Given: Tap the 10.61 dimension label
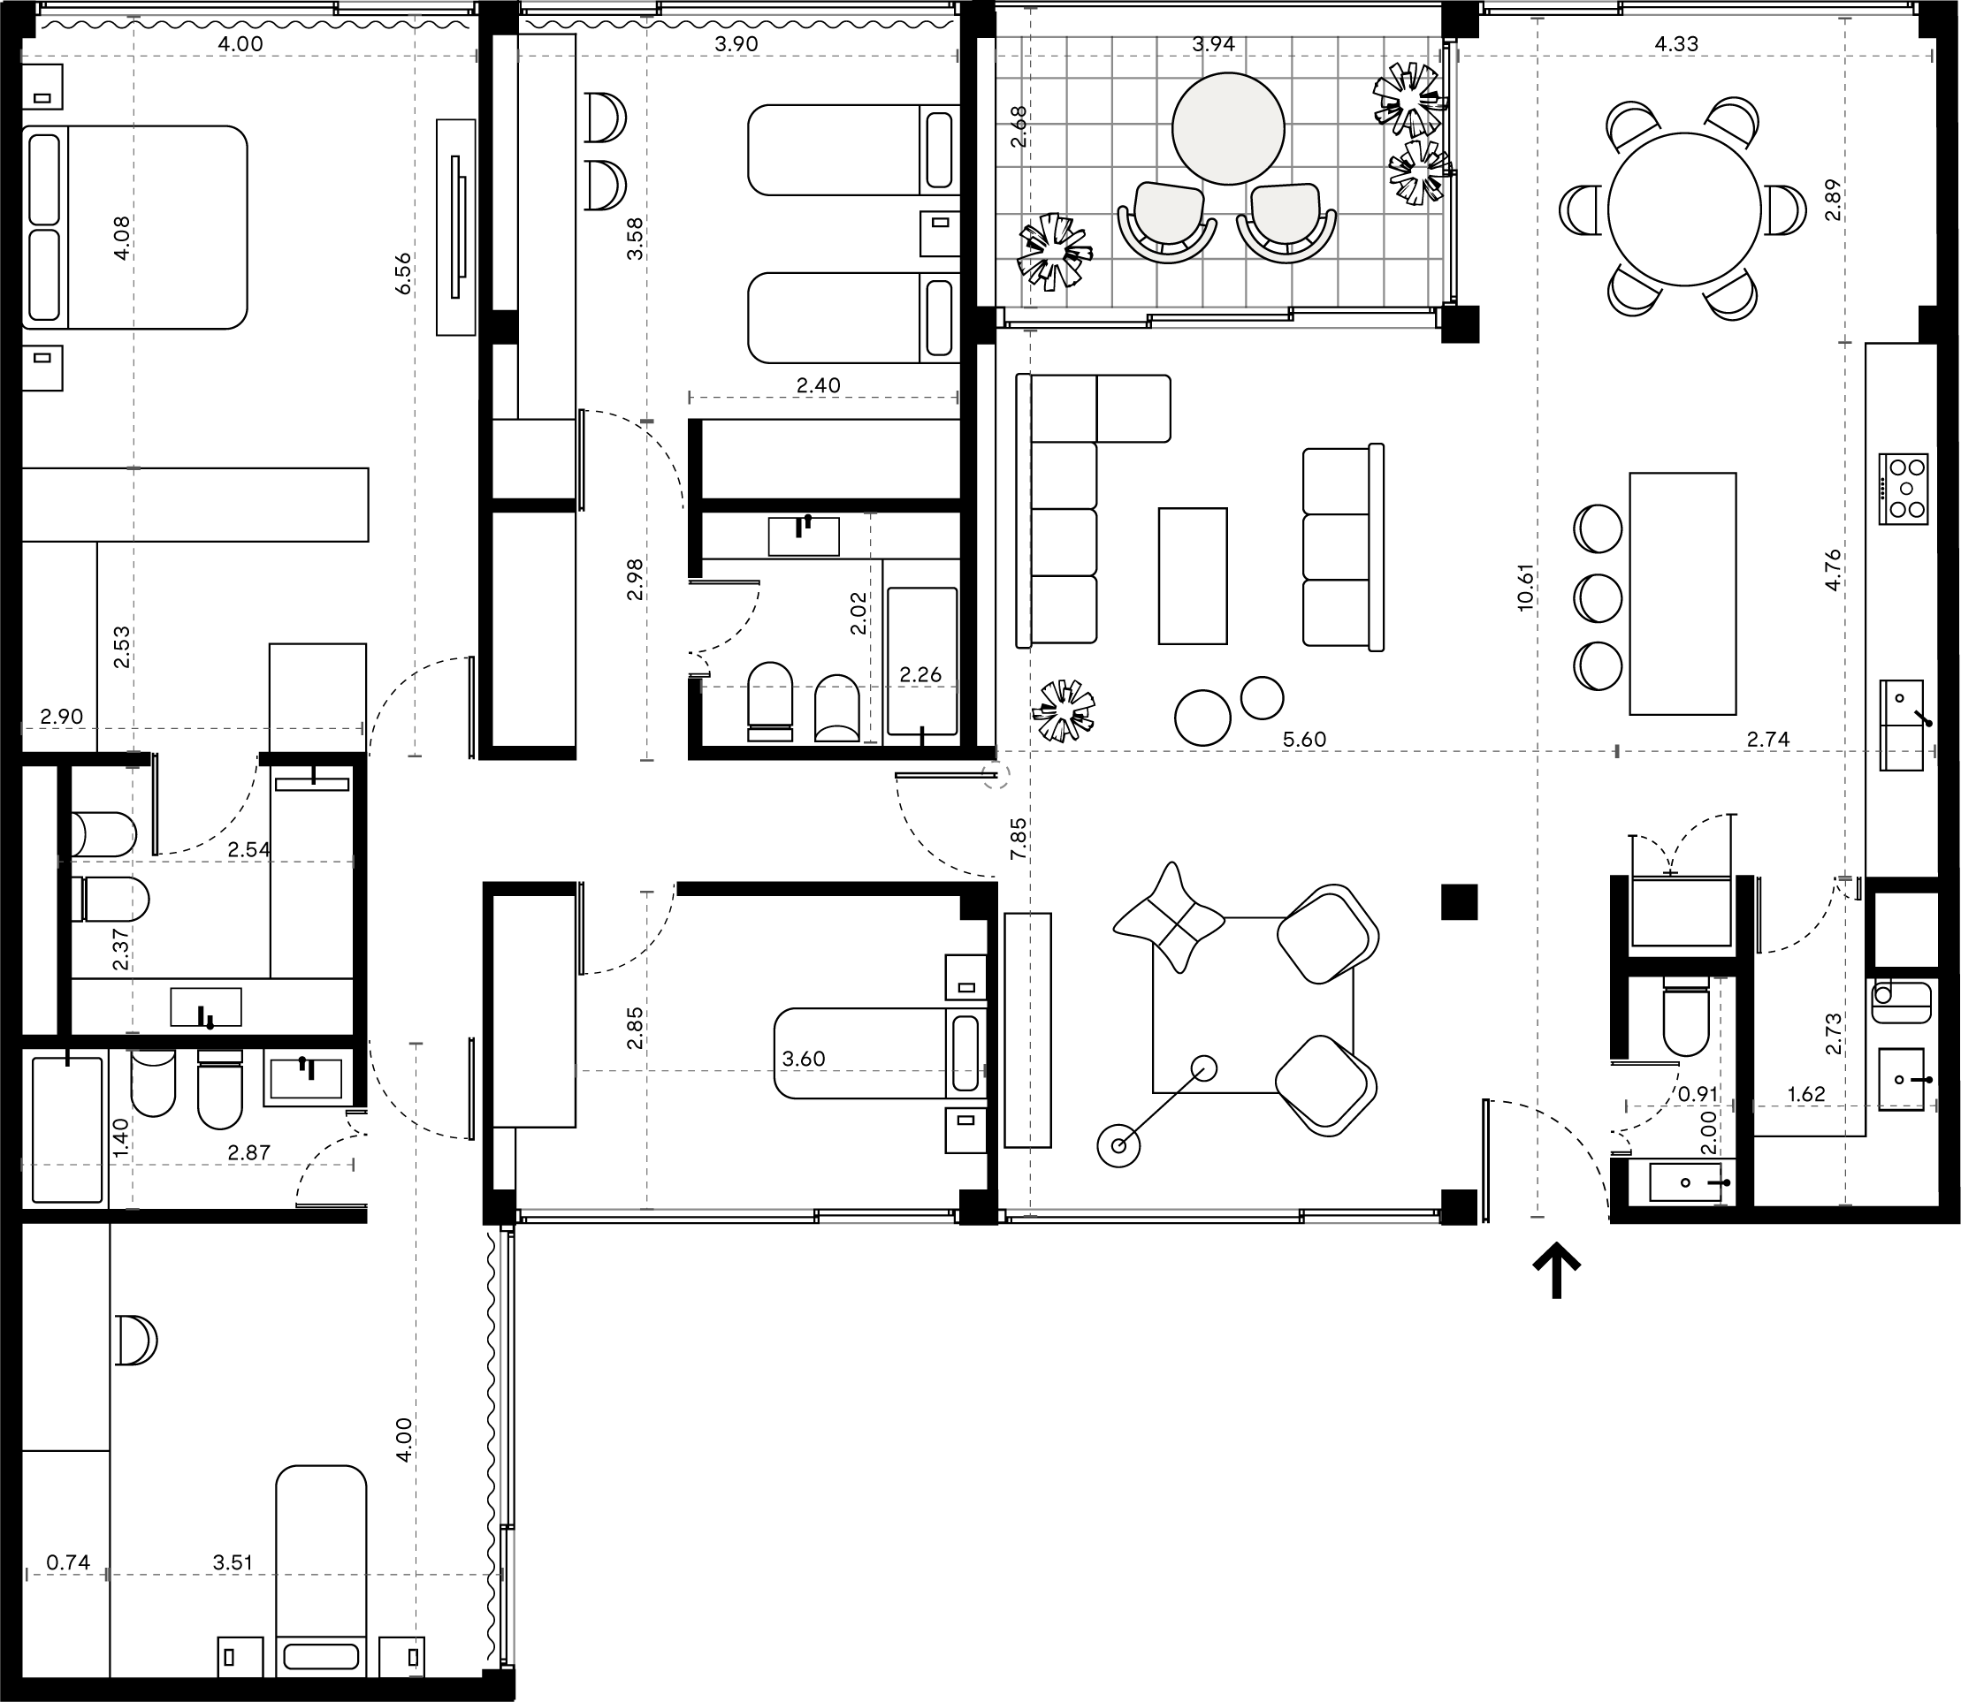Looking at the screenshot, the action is click(x=1526, y=587).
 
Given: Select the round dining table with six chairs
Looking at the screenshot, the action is click(x=1683, y=209).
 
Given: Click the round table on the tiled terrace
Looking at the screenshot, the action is click(x=1227, y=129).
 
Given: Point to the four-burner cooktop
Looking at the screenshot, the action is click(x=1902, y=488).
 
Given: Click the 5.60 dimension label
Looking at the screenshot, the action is click(x=1304, y=739).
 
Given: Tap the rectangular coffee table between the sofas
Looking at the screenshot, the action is click(x=1193, y=575).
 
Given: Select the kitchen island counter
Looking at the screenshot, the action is click(x=1682, y=594).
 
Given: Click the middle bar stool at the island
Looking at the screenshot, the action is click(x=1597, y=597).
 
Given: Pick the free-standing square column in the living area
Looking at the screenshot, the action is click(x=1460, y=901).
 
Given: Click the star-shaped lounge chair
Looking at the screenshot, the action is click(x=1170, y=917).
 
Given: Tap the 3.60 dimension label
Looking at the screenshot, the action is click(x=804, y=1058).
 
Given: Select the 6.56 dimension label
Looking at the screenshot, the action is click(x=404, y=272).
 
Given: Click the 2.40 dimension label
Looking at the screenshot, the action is click(x=818, y=384).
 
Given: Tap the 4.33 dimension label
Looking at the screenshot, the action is click(x=1676, y=43).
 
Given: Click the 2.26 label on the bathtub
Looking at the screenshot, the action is click(x=920, y=674).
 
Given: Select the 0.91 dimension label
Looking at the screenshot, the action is click(x=1698, y=1094).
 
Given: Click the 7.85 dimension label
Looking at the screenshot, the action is click(x=1019, y=839).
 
